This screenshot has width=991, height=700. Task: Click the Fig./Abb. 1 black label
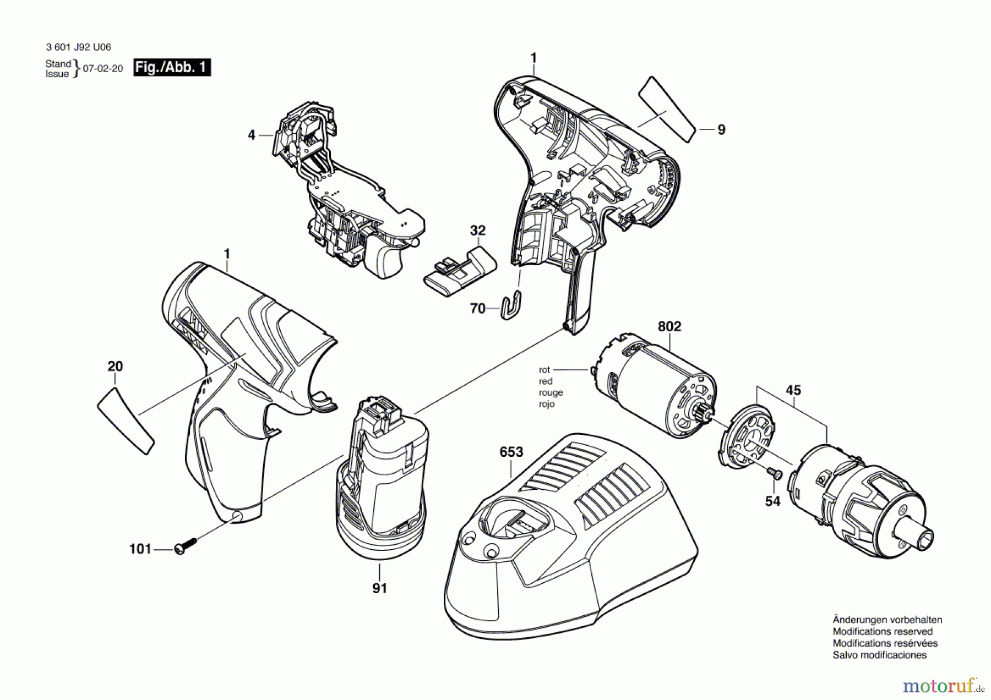tap(172, 68)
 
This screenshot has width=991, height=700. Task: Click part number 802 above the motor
tap(669, 326)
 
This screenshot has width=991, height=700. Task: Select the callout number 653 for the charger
tap(511, 452)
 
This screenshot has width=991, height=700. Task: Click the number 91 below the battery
tap(379, 588)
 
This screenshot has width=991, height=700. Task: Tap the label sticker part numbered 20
tap(125, 420)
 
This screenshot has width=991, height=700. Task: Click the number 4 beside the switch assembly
tap(252, 135)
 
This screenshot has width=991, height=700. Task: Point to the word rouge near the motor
tap(551, 392)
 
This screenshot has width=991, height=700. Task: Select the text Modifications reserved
tap(883, 631)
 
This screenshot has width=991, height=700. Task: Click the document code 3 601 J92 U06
tap(78, 48)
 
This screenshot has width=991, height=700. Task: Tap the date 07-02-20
tap(103, 69)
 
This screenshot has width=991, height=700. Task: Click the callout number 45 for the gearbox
tap(793, 390)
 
